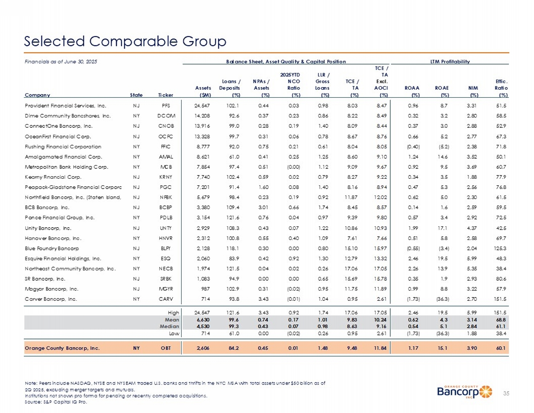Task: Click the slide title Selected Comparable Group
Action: (x=125, y=41)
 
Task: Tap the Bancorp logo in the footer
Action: (x=464, y=392)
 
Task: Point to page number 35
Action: (x=506, y=393)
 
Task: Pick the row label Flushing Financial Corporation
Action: (x=63, y=146)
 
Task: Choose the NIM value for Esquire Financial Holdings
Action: (x=473, y=258)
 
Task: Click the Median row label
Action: (x=171, y=326)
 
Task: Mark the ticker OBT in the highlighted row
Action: (x=166, y=348)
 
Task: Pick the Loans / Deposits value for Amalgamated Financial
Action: (x=234, y=157)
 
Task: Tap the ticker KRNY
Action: (x=166, y=177)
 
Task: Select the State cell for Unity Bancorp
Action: (x=136, y=228)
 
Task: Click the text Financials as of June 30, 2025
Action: (x=61, y=62)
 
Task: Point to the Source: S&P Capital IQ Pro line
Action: (x=56, y=402)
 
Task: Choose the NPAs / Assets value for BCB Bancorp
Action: (x=263, y=208)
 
